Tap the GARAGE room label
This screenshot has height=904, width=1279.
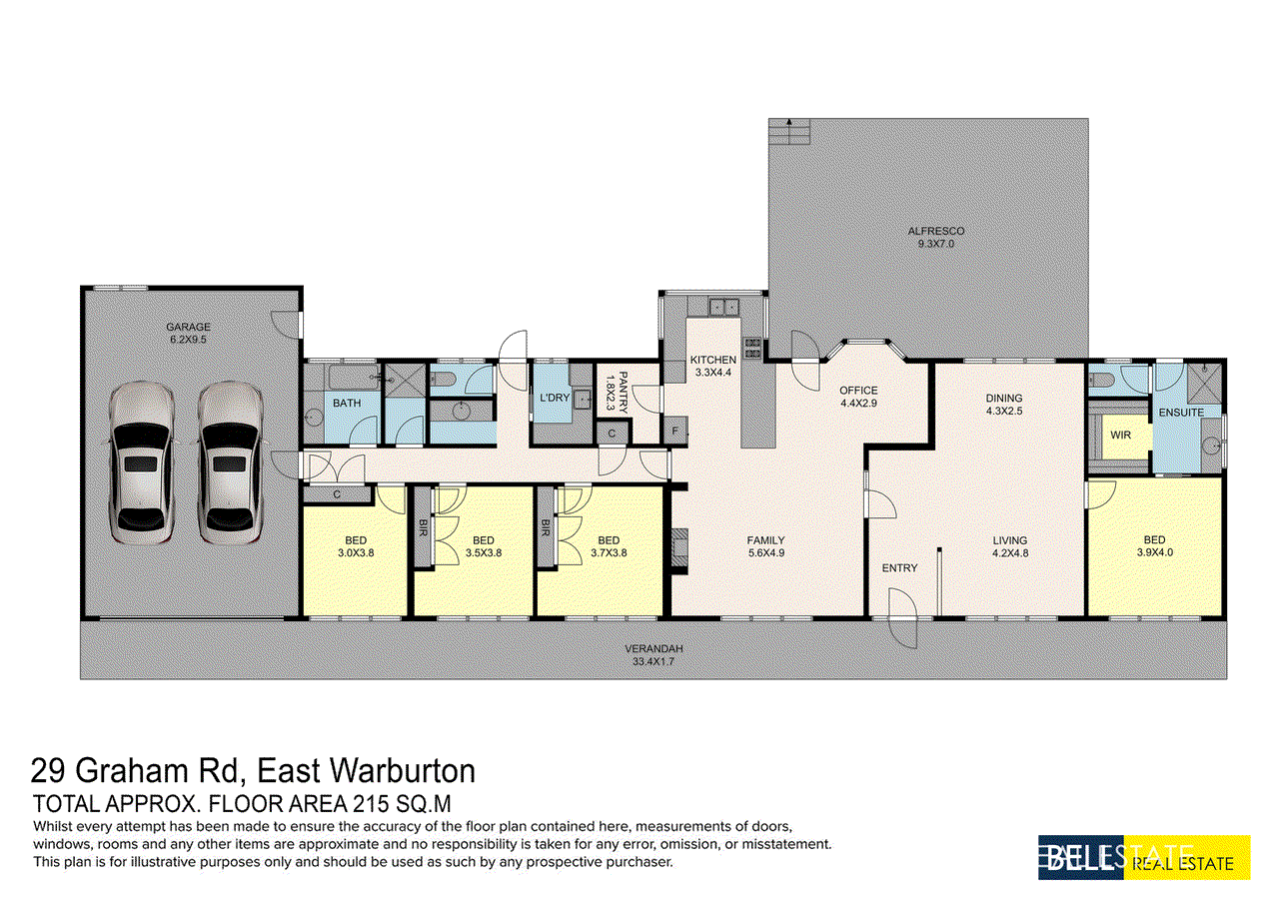(x=189, y=327)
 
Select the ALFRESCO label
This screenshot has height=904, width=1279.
(x=935, y=231)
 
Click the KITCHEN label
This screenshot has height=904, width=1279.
(x=712, y=360)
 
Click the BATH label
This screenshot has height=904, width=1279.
(x=347, y=404)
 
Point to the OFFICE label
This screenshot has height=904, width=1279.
(x=858, y=391)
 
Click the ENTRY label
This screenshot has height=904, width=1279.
(x=899, y=568)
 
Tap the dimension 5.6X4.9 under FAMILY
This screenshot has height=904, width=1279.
(x=766, y=553)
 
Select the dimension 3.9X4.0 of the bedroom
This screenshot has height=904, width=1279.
(x=1154, y=553)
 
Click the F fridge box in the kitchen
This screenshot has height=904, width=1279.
(x=675, y=431)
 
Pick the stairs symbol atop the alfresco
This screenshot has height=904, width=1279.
(x=787, y=132)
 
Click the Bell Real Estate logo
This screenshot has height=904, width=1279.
(x=1144, y=857)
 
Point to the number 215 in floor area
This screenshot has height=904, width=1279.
(x=376, y=803)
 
